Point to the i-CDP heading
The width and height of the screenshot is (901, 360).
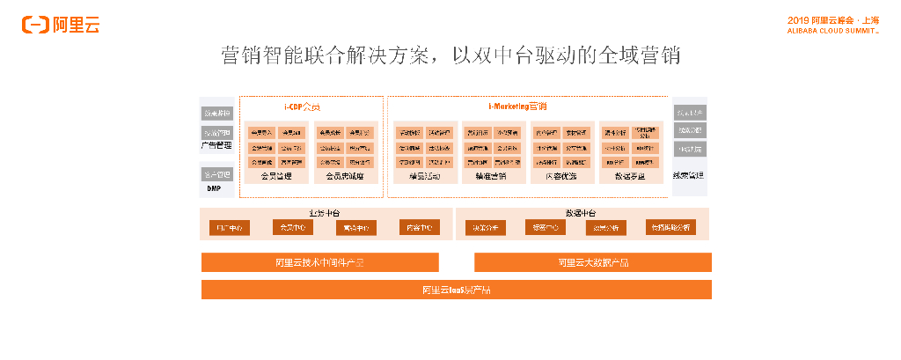click(301, 107)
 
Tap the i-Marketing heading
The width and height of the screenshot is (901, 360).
click(517, 107)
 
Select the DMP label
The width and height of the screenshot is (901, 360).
click(214, 188)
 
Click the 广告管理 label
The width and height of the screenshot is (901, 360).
click(217, 144)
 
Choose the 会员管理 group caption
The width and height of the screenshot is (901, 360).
click(276, 176)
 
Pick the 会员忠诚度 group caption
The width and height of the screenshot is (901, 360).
click(345, 176)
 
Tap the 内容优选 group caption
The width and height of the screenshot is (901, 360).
click(561, 176)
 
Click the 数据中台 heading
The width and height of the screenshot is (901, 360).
click(581, 214)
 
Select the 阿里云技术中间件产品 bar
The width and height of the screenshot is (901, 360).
click(319, 262)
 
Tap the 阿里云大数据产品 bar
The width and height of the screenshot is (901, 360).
click(593, 262)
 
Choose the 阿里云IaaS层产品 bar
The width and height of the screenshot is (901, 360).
click(456, 290)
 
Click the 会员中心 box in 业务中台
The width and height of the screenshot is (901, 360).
click(293, 228)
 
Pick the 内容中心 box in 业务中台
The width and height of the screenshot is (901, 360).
click(419, 228)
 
